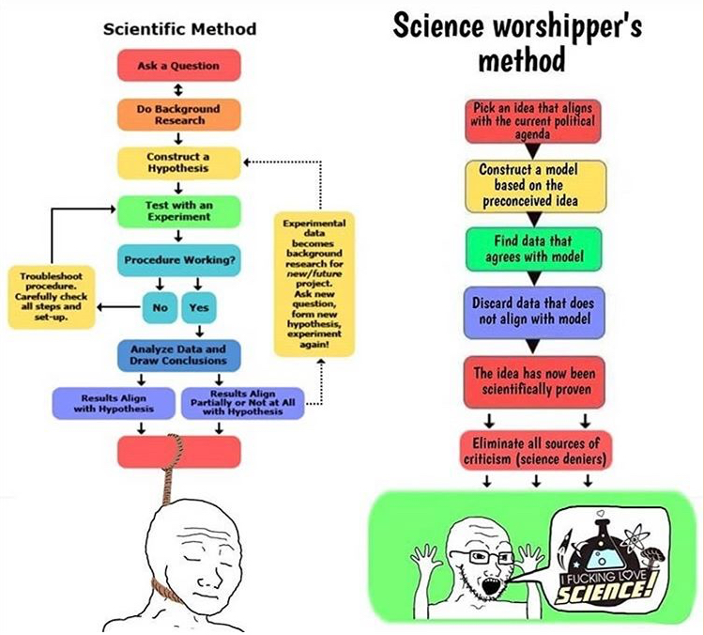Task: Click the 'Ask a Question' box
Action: click(179, 66)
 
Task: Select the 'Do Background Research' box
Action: click(179, 115)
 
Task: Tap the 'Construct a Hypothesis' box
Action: click(179, 163)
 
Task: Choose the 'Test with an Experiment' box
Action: click(179, 211)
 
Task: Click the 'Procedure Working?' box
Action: click(179, 260)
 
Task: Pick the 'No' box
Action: click(160, 308)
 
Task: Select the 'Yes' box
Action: click(199, 308)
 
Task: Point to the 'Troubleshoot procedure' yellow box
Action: click(52, 297)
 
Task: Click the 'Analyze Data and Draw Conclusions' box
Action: click(179, 355)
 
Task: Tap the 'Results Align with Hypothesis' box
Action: click(114, 403)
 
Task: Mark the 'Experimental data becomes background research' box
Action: click(314, 284)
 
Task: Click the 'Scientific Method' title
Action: click(179, 29)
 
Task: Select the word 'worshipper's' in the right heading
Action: click(568, 27)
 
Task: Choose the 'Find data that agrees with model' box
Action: click(534, 250)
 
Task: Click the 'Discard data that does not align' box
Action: click(534, 312)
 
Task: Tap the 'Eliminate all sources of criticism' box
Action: click(535, 451)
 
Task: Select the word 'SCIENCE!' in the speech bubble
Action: click(602, 591)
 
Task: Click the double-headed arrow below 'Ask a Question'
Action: click(178, 90)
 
